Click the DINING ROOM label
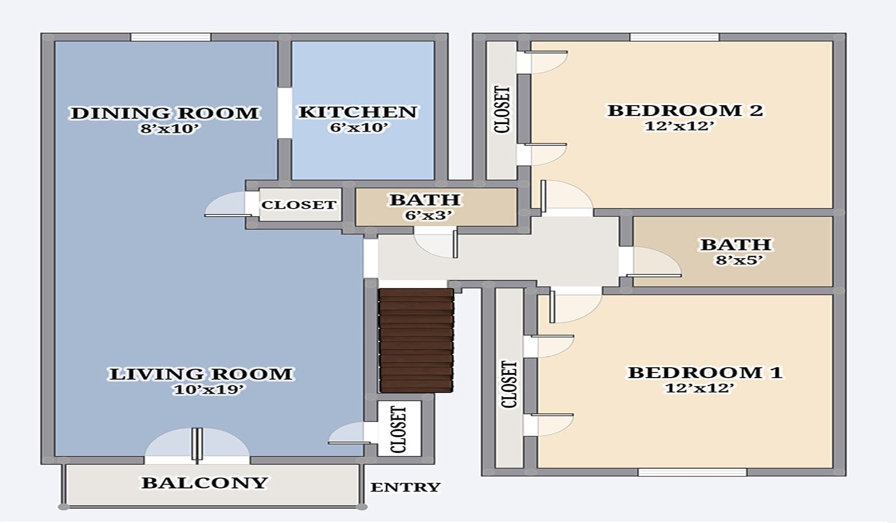pos(164,113)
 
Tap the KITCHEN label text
pos(357,111)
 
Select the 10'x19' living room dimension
pos(209,390)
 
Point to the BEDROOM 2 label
pos(685,110)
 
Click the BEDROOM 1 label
pos(705,372)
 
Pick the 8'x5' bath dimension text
pos(739,260)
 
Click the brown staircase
pos(416,340)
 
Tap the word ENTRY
pos(405,487)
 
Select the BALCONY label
pos(204,483)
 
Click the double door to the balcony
pos(197,446)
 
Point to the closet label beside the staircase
pos(399,429)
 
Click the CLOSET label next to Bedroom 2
pos(501,110)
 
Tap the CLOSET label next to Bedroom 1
pos(509,384)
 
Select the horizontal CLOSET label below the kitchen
pos(299,205)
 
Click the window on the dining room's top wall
pos(170,37)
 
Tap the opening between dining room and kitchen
pos(284,113)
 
